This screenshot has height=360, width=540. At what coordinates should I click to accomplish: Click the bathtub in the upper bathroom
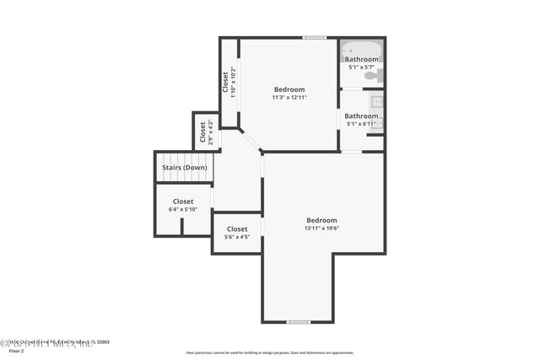[x=361, y=51]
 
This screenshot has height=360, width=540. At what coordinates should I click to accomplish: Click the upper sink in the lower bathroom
[x=376, y=103]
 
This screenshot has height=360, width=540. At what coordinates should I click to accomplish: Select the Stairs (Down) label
[x=185, y=167]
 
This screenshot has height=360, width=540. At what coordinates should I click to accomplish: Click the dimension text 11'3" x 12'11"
[x=289, y=98]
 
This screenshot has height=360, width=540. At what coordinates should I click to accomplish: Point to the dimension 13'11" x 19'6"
[x=321, y=228]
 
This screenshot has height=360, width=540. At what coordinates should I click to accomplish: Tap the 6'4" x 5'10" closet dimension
[x=183, y=209]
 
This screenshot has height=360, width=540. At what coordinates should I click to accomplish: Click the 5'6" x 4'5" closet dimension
[x=237, y=237]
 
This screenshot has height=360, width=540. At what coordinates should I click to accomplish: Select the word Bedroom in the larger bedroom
[x=321, y=220]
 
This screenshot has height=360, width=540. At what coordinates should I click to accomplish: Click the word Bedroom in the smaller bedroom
[x=289, y=89]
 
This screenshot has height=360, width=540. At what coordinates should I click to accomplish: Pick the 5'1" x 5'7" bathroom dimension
[x=361, y=67]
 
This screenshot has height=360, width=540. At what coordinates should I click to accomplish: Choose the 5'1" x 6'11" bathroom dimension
[x=361, y=124]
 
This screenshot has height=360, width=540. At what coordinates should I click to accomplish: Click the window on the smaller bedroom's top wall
[x=315, y=37]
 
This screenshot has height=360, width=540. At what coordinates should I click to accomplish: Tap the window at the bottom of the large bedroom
[x=298, y=322]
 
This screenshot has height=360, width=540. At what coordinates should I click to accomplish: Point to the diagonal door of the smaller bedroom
[x=251, y=141]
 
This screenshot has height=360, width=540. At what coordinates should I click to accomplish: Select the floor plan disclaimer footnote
[x=269, y=352]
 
